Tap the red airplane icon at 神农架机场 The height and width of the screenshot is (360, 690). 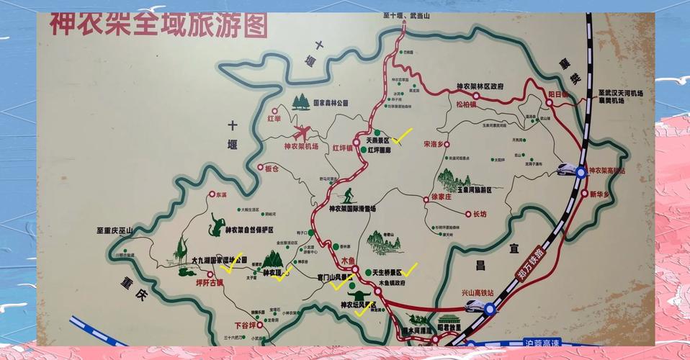coord(303,132)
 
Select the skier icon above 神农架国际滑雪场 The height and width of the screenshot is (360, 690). coord(348,194)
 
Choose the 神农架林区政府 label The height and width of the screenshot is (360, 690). coord(480,86)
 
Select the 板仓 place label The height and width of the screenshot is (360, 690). coord(272,168)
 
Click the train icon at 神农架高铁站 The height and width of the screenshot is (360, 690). coord(570,170)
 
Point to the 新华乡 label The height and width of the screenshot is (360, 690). coord(599,194)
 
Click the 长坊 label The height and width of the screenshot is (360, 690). coord(479,214)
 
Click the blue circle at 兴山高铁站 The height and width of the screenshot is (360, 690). coord(490,310)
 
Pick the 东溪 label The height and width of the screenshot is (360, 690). coord(220,194)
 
